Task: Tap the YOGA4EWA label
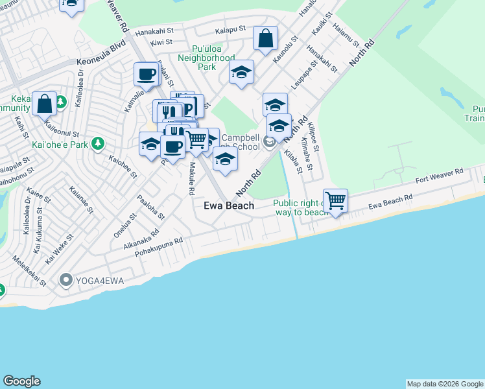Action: [99, 281]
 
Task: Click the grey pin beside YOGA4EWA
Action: [65, 281]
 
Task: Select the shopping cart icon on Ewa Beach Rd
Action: [336, 200]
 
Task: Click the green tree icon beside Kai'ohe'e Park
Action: [98, 143]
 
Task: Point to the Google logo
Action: [21, 381]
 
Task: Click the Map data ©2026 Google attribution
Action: [445, 384]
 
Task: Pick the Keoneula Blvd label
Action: [100, 54]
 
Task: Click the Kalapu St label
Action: [231, 30]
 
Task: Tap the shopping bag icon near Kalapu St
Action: [265, 38]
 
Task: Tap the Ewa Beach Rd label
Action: [390, 202]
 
